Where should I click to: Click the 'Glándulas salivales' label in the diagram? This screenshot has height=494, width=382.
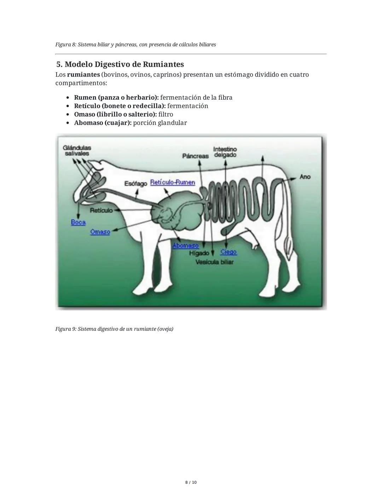pyautogui.click(x=77, y=151)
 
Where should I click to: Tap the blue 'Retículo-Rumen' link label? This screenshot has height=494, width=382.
pyautogui.click(x=172, y=182)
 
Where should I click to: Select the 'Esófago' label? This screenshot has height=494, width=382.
pyautogui.click(x=135, y=184)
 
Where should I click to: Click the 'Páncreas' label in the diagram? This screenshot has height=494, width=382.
pyautogui.click(x=195, y=156)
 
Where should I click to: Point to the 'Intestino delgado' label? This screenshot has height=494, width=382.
pyautogui.click(x=225, y=152)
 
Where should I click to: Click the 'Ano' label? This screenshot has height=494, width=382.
pyautogui.click(x=305, y=176)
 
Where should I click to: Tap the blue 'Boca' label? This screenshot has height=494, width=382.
pyautogui.click(x=78, y=222)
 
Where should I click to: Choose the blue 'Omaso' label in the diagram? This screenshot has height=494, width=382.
pyautogui.click(x=100, y=232)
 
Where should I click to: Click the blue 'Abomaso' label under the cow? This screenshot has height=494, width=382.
pyautogui.click(x=185, y=245)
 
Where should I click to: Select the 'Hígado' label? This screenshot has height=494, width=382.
pyautogui.click(x=199, y=253)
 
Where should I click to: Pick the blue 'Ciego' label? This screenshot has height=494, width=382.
pyautogui.click(x=228, y=252)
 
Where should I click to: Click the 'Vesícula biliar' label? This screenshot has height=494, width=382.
pyautogui.click(x=214, y=262)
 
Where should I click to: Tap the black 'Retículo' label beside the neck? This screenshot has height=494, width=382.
pyautogui.click(x=101, y=210)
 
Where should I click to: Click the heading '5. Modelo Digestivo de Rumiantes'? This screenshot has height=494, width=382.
pyautogui.click(x=120, y=64)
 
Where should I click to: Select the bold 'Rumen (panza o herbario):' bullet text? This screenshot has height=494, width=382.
pyautogui.click(x=116, y=97)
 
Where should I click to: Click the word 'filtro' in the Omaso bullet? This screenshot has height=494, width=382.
pyautogui.click(x=166, y=114)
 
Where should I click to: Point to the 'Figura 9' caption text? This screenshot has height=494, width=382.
pyautogui.click(x=114, y=329)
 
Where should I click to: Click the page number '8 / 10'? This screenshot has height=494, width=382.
pyautogui.click(x=191, y=482)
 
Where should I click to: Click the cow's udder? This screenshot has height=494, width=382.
pyautogui.click(x=255, y=243)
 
